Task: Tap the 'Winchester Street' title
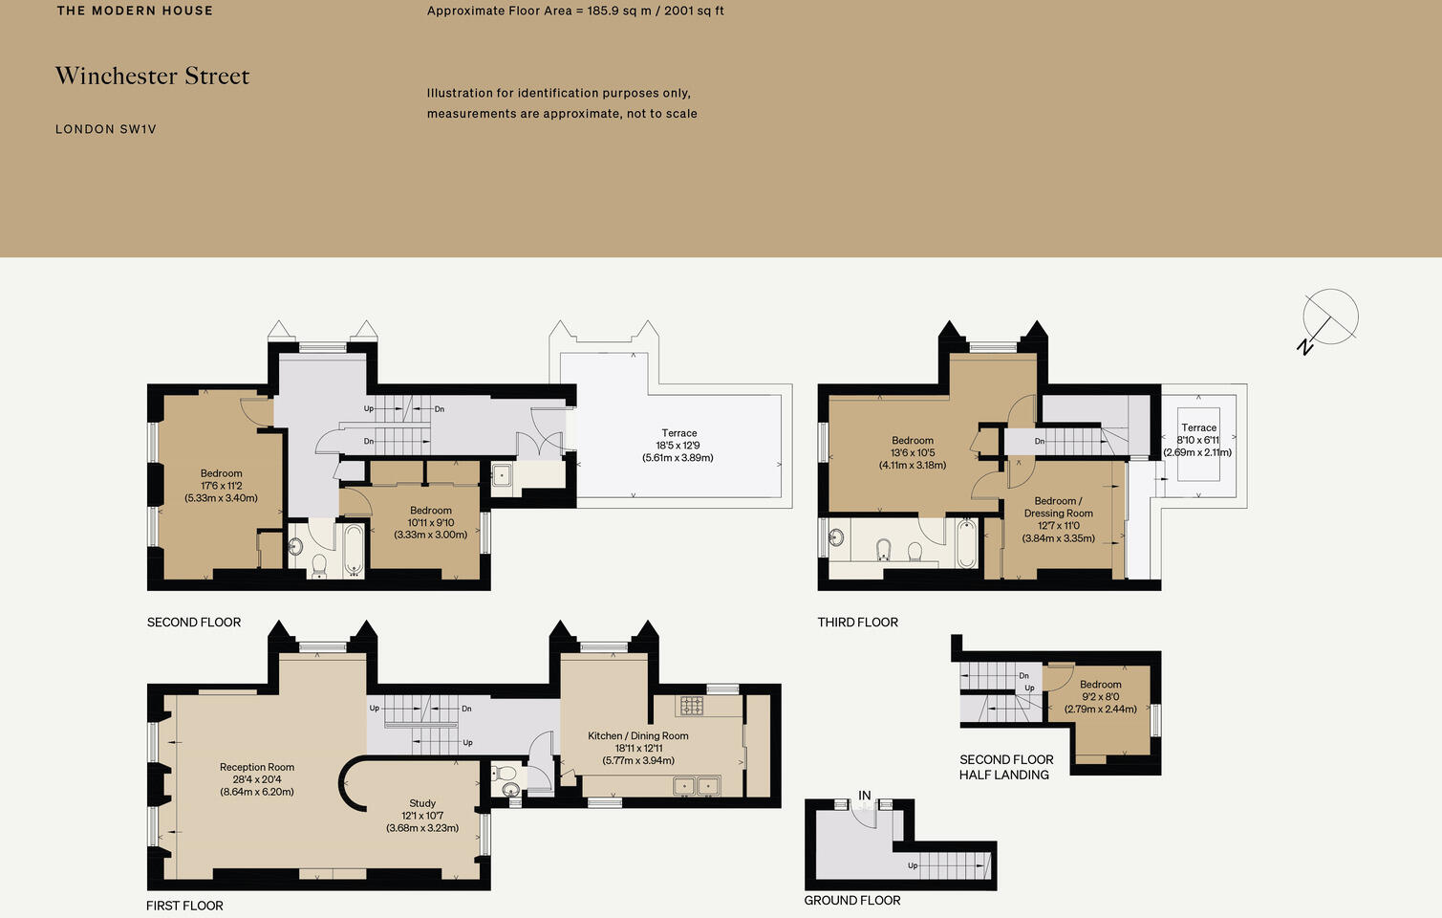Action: (x=152, y=76)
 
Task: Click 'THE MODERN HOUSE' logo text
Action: (x=135, y=11)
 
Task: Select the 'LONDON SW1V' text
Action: (x=105, y=129)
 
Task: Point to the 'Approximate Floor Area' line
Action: (x=575, y=11)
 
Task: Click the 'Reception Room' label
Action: (x=257, y=767)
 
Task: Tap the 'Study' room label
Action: (x=422, y=803)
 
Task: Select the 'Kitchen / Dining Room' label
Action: (x=637, y=736)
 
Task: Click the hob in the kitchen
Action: (x=691, y=706)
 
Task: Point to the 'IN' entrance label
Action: (x=864, y=796)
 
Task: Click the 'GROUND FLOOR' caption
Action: (x=852, y=900)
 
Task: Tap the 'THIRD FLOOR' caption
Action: (x=857, y=623)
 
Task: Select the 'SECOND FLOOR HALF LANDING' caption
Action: (x=1005, y=767)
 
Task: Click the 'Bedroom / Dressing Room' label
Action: (x=1058, y=507)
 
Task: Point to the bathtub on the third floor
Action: (x=966, y=543)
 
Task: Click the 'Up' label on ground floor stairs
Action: (x=913, y=866)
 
